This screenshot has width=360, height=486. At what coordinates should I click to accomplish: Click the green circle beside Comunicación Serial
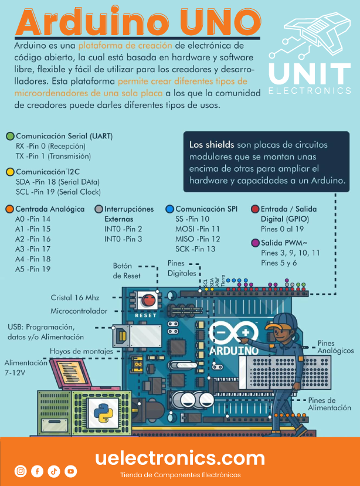pyautogui.click(x=10, y=136)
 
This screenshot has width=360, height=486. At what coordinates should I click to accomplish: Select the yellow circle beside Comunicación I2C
pyautogui.click(x=10, y=172)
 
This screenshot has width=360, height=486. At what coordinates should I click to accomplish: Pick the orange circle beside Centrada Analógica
pyautogui.click(x=9, y=209)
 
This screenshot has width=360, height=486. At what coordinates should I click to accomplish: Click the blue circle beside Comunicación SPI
pyautogui.click(x=169, y=209)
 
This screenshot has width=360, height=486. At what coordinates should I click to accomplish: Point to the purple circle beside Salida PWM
pyautogui.click(x=254, y=243)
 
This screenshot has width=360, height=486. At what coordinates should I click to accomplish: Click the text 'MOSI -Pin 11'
pyautogui.click(x=198, y=229)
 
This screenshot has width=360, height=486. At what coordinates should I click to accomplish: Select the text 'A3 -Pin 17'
pyautogui.click(x=33, y=249)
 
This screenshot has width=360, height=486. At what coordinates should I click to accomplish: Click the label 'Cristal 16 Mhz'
pyautogui.click(x=75, y=298)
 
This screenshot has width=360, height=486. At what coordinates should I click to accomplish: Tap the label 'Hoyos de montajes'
pyautogui.click(x=81, y=351)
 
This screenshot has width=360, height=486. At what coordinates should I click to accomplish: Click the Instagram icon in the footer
pyautogui.click(x=21, y=471)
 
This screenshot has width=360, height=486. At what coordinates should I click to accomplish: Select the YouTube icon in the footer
pyautogui.click(x=71, y=471)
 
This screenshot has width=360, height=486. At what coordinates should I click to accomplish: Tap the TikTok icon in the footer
pyautogui.click(x=54, y=471)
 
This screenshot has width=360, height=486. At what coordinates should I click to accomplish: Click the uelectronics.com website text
pyautogui.click(x=180, y=458)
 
